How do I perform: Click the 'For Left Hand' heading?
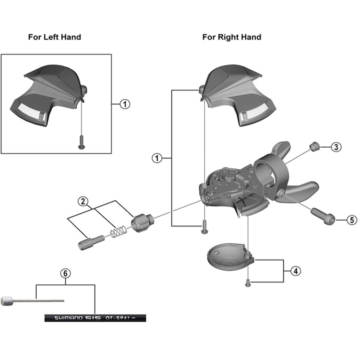point(54,37)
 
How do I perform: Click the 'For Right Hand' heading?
point(232,37)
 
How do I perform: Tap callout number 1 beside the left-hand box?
point(125,104)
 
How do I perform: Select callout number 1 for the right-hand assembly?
point(157,158)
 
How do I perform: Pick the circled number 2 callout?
point(83,201)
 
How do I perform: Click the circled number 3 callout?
point(336,147)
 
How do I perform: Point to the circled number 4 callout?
point(296,271)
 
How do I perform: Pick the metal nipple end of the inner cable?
point(8,301)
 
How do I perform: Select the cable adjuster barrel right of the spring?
point(141,223)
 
